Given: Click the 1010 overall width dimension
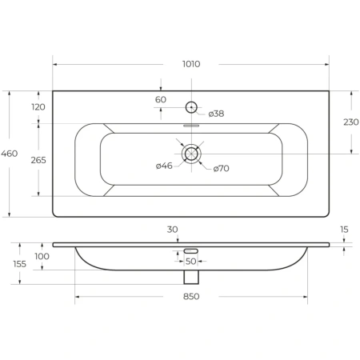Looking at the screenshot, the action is point(191,64).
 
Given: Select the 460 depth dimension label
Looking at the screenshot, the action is point(10,154).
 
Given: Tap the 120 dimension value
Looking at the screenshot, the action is point(38,107).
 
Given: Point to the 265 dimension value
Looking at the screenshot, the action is point(38,160).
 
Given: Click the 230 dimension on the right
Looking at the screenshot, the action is point(351,122).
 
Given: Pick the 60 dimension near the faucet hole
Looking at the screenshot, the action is point(161,99).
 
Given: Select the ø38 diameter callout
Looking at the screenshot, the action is point(216,114).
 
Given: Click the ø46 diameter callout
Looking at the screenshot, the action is point(164,166).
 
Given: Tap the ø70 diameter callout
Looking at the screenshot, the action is point(222,169).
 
